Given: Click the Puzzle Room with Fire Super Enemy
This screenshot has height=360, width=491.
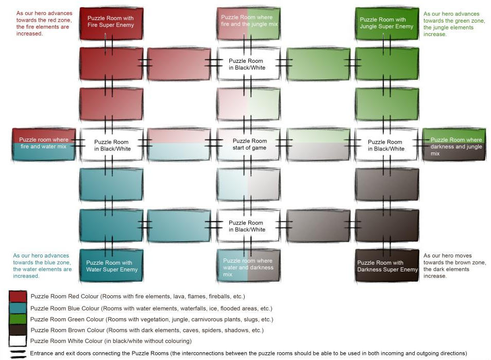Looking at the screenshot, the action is click(111, 24).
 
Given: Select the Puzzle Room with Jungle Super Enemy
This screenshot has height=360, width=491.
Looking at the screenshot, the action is click(387, 24).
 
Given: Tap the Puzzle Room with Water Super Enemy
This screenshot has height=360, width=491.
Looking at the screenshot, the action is click(111, 265).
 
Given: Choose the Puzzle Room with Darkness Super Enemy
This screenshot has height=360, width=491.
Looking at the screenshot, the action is click(387, 265).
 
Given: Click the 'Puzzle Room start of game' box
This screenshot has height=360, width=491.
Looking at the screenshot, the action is click(249, 144).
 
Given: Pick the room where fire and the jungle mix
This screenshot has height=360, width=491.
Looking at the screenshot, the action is click(249, 24).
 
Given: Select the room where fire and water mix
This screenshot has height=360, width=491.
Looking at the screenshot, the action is click(44, 144).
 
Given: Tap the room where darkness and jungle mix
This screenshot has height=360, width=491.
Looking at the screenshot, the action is click(454, 144).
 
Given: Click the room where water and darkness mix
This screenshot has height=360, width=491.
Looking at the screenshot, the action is click(249, 265).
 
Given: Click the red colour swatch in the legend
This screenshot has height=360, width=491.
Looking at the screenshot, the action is click(18, 297).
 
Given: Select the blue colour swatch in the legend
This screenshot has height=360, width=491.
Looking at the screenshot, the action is click(18, 308).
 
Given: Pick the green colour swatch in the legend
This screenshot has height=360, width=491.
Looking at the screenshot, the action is click(18, 319).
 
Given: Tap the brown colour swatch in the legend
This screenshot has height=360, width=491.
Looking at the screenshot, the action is click(18, 330).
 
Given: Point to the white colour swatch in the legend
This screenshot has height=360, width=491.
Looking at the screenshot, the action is click(18, 341).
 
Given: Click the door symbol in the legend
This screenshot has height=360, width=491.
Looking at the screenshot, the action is click(18, 354).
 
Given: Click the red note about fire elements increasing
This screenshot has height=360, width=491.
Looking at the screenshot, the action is click(44, 24).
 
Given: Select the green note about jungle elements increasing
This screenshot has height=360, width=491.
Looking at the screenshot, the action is click(454, 24).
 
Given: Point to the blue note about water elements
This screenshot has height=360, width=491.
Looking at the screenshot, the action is click(42, 266).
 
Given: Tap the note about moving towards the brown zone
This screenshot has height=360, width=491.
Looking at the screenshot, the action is click(454, 266).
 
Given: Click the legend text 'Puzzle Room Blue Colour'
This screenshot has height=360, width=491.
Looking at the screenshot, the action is click(65, 308).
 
